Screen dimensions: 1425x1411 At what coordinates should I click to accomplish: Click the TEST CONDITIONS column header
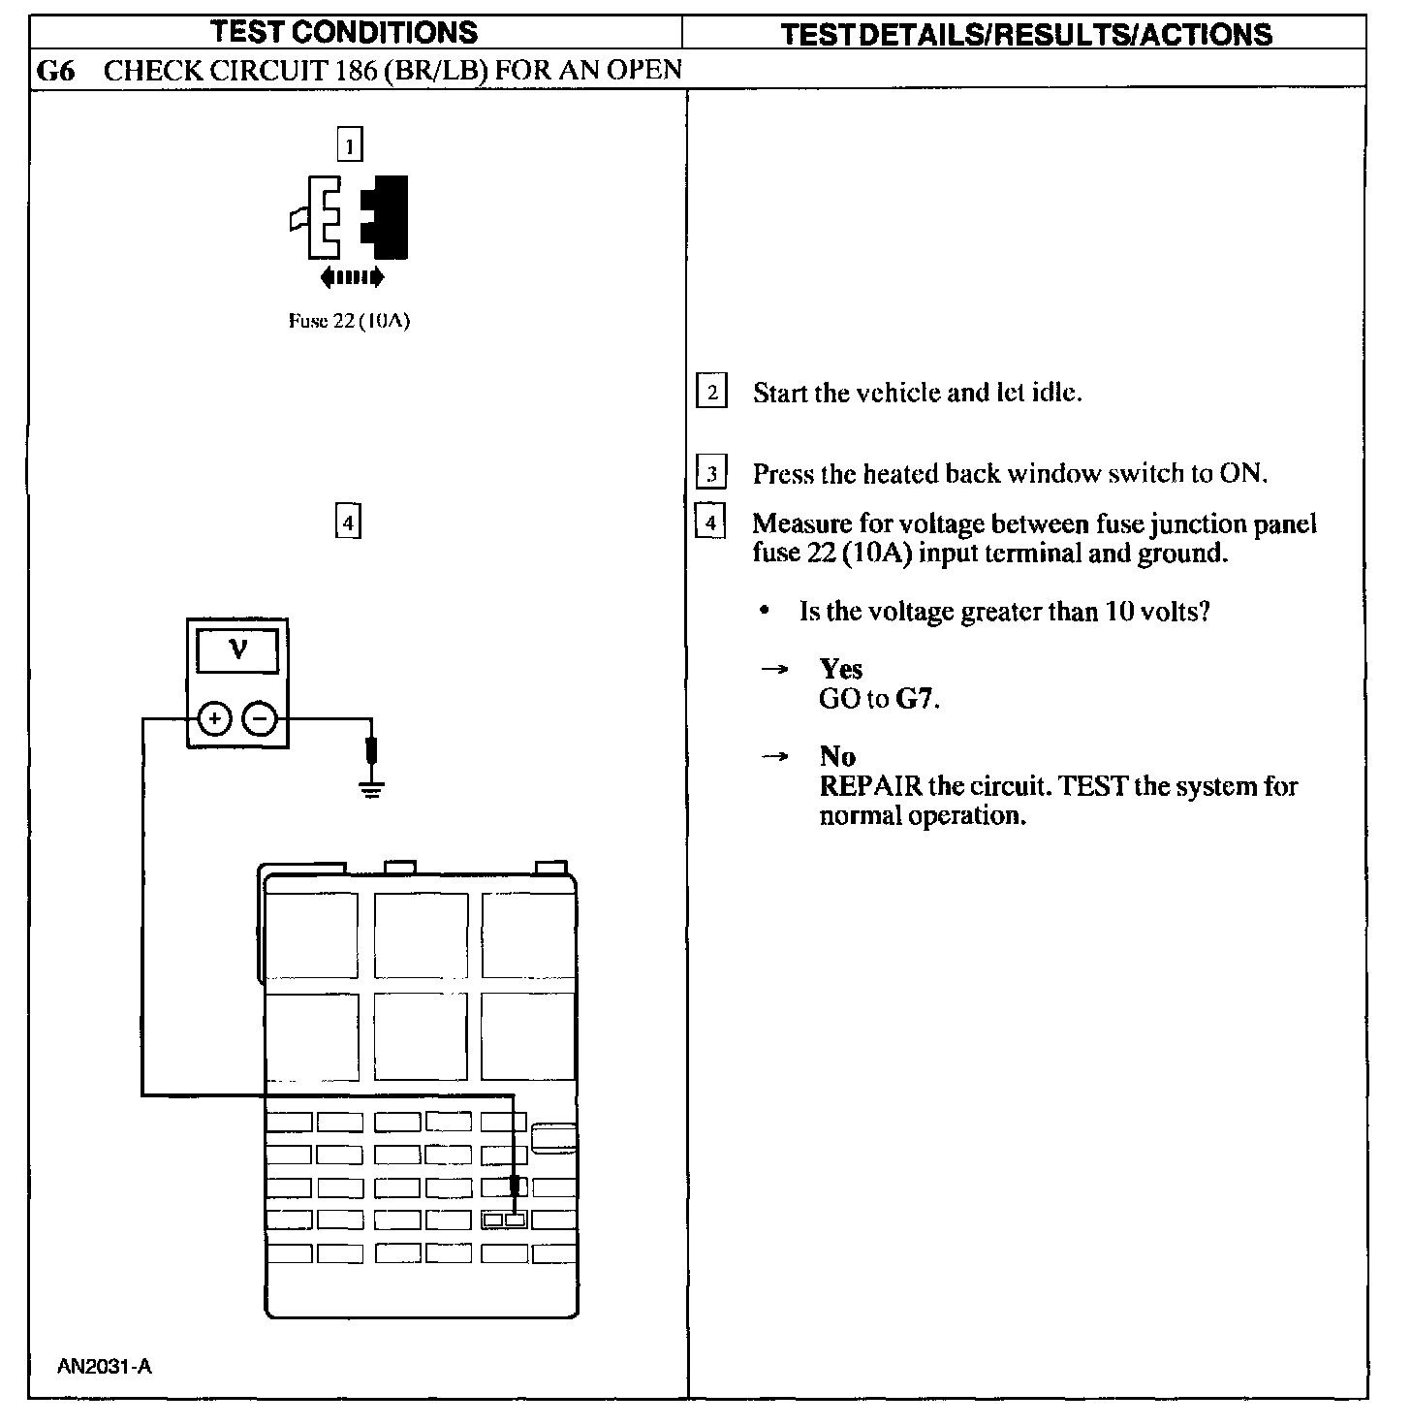point(344,32)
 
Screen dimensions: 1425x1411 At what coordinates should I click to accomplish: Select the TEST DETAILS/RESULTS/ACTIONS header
point(1025,35)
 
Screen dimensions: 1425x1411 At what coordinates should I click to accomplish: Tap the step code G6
point(55,71)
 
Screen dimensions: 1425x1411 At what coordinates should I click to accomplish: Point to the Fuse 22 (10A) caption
point(349,322)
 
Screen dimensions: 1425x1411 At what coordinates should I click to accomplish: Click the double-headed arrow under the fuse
point(352,278)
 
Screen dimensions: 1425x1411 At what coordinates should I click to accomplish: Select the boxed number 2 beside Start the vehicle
point(712,392)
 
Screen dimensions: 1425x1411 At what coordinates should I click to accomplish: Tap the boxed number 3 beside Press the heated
point(712,474)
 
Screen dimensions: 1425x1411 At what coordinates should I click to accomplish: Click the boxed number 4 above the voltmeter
point(347,522)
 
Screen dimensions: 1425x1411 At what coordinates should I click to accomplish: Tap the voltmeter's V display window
point(237,650)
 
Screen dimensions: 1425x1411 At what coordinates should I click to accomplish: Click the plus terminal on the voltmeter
point(214,718)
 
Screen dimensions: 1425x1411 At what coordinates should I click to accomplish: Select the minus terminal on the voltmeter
point(259,718)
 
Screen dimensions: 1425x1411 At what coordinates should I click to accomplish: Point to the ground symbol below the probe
point(371,788)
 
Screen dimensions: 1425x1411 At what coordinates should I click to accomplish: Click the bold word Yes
point(840,669)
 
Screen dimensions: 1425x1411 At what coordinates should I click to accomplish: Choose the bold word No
point(837,756)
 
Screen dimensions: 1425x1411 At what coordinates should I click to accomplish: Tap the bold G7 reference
point(915,699)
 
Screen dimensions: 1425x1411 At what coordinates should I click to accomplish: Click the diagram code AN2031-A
point(105,1368)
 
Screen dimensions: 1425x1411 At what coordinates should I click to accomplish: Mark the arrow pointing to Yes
point(773,670)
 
